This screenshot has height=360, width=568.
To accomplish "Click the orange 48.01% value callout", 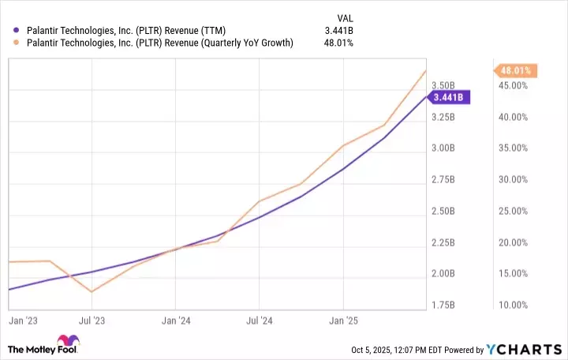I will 516,70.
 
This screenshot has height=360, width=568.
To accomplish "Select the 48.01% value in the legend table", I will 339,42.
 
